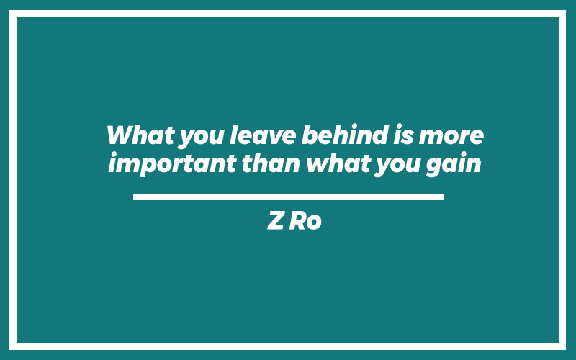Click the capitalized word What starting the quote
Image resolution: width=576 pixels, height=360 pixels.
point(140,135)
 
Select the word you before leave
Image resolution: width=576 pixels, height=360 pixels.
point(202,138)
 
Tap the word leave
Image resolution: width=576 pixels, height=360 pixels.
point(263,135)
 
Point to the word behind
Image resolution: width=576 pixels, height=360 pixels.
point(345,135)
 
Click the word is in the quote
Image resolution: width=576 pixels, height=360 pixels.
point(403,135)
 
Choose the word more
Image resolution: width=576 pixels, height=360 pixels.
point(451,138)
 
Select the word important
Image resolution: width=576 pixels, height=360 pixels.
point(172,164)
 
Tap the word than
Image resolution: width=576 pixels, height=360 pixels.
point(271,163)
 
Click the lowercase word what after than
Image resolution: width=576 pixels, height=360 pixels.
point(338,163)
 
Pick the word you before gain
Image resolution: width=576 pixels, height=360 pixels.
point(397,166)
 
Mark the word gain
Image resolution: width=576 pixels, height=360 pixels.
point(454,165)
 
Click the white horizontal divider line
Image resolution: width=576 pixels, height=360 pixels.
point(288,197)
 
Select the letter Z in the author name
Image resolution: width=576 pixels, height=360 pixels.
point(276,220)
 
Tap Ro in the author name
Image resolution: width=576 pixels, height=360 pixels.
point(305,220)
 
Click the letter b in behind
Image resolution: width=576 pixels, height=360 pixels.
point(310,135)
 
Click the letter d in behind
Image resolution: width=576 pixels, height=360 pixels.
point(380,135)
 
